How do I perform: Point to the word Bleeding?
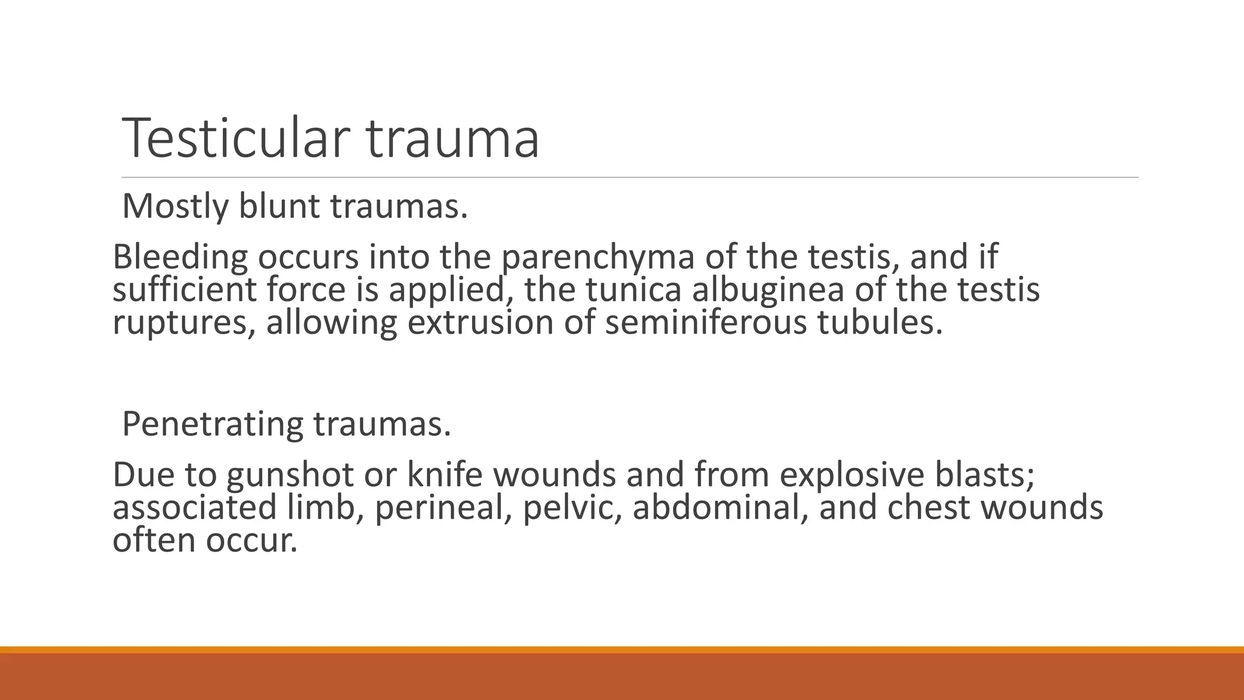click(180, 257)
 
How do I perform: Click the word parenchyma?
click(598, 258)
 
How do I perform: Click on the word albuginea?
click(768, 291)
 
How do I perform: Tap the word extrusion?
click(480, 323)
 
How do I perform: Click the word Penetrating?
click(212, 425)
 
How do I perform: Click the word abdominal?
click(720, 508)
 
